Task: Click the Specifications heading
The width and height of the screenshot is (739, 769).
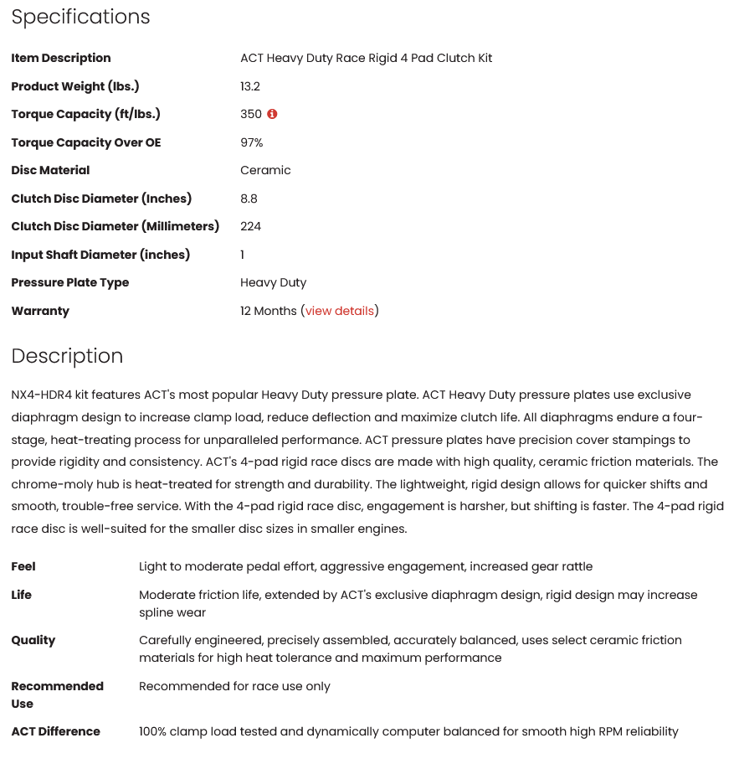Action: coord(80,17)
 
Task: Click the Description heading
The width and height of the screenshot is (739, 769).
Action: coord(67,356)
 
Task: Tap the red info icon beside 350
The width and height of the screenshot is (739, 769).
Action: coord(272,114)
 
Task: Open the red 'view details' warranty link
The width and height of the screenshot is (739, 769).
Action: coord(340,311)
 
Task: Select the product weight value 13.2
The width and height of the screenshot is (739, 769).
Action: coord(250,86)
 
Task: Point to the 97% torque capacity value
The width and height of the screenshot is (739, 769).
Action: coord(252,142)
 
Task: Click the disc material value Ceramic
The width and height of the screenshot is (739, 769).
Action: coord(265,170)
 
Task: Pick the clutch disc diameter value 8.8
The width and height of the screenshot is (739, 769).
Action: coord(249,199)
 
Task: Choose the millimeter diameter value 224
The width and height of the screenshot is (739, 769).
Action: coord(250,226)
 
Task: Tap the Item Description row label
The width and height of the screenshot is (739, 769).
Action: coord(61,58)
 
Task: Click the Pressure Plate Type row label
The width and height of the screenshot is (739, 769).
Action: coord(70,282)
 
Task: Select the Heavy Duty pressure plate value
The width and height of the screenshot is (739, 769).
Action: coord(274,282)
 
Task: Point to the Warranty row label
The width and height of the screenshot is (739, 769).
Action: coord(40,311)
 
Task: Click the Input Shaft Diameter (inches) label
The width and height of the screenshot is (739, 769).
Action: coord(100,255)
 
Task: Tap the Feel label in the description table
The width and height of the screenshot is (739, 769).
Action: coord(23,566)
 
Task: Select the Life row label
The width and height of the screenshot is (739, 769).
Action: coord(22,595)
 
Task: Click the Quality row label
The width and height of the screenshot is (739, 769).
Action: coord(33,640)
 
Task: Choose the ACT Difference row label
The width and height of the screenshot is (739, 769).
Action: coord(55,731)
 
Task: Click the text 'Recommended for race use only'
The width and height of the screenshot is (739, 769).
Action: coord(234,686)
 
